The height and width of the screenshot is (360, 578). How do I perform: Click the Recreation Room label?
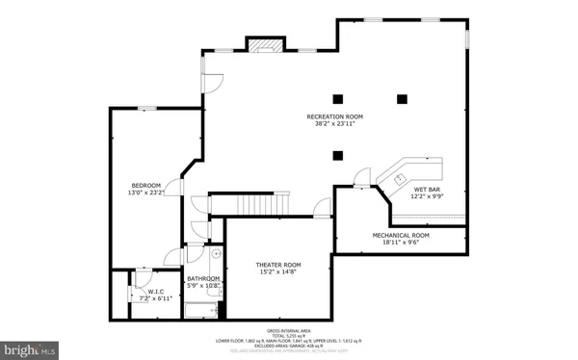(x=332, y=116)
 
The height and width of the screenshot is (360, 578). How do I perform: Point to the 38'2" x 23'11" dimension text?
(x=332, y=124)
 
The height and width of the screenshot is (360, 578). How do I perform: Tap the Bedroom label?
(x=146, y=185)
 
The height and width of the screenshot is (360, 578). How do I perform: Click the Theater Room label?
(x=278, y=265)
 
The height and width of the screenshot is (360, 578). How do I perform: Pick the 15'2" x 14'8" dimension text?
(x=278, y=272)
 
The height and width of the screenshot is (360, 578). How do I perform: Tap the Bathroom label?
(x=203, y=279)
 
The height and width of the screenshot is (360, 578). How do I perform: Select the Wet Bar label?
(x=428, y=190)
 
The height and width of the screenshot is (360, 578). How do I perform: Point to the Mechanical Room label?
(x=401, y=235)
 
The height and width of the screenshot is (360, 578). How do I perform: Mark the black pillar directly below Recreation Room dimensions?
(x=337, y=155)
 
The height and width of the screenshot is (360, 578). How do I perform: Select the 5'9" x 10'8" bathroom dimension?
(x=203, y=287)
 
